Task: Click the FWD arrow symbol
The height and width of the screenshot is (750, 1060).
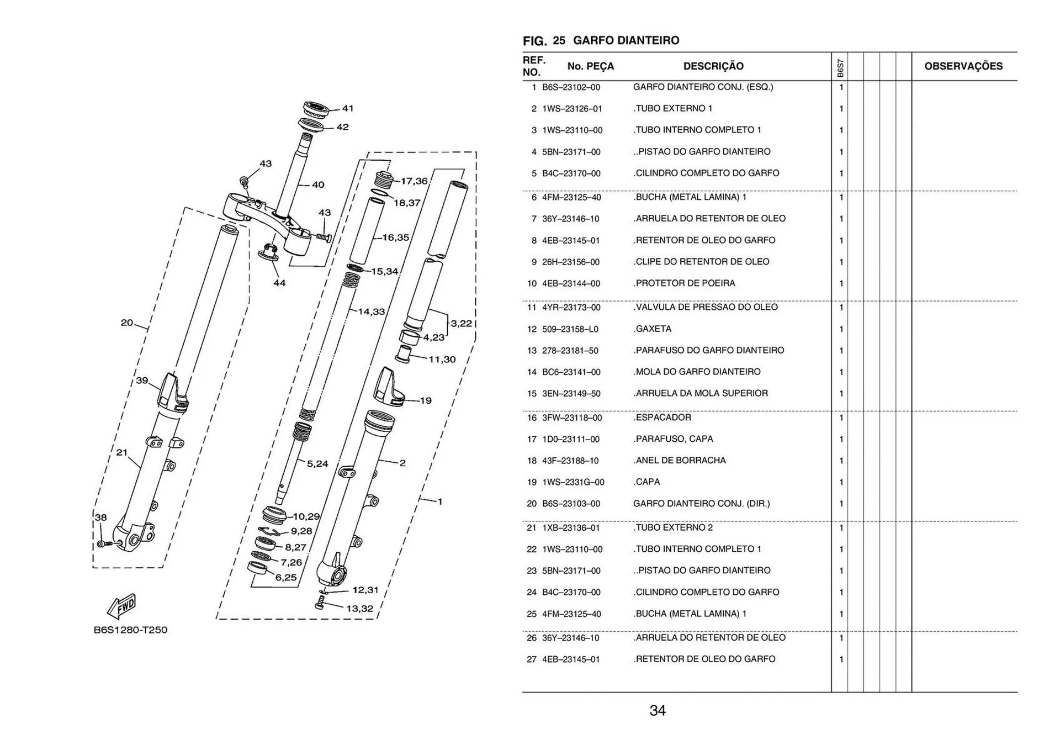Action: pyautogui.click(x=121, y=606)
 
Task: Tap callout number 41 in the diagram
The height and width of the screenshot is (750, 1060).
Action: pyautogui.click(x=348, y=108)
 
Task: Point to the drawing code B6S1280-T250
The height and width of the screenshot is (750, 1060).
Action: pyautogui.click(x=130, y=630)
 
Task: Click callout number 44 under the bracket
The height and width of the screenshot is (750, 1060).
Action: pyautogui.click(x=279, y=283)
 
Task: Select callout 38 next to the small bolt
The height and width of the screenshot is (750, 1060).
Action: pyautogui.click(x=100, y=517)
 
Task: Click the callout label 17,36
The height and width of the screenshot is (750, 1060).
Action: pyautogui.click(x=414, y=181)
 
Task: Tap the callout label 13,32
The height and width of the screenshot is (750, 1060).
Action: pyautogui.click(x=359, y=609)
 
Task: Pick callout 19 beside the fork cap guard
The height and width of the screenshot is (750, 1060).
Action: pyautogui.click(x=426, y=400)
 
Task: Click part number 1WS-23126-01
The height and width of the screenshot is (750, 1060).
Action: pyautogui.click(x=572, y=109)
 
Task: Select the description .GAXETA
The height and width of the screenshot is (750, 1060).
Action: pyautogui.click(x=653, y=329)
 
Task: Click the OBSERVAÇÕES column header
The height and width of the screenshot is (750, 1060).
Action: pyautogui.click(x=963, y=66)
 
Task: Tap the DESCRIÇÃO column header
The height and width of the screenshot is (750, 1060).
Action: pyautogui.click(x=713, y=66)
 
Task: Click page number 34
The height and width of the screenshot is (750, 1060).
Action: pyautogui.click(x=658, y=711)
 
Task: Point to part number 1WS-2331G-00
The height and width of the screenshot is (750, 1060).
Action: pyautogui.click(x=573, y=482)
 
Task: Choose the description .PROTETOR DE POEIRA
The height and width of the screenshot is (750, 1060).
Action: pyautogui.click(x=685, y=283)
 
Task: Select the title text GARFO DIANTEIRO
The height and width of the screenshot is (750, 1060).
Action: pyautogui.click(x=626, y=40)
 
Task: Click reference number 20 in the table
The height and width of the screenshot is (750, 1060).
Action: pyautogui.click(x=532, y=504)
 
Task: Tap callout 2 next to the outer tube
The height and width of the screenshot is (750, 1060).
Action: pyautogui.click(x=402, y=463)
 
